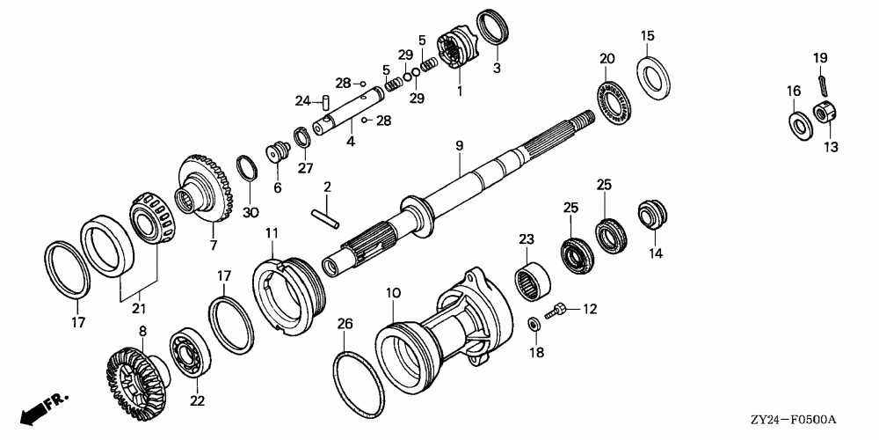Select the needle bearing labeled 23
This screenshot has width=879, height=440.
point(533,280)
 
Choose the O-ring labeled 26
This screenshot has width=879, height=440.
point(359,387)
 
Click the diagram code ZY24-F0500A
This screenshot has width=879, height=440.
point(794,420)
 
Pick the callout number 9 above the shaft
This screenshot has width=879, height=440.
point(460,145)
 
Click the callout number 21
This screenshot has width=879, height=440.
point(139,309)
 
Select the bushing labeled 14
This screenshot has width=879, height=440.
point(652,214)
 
